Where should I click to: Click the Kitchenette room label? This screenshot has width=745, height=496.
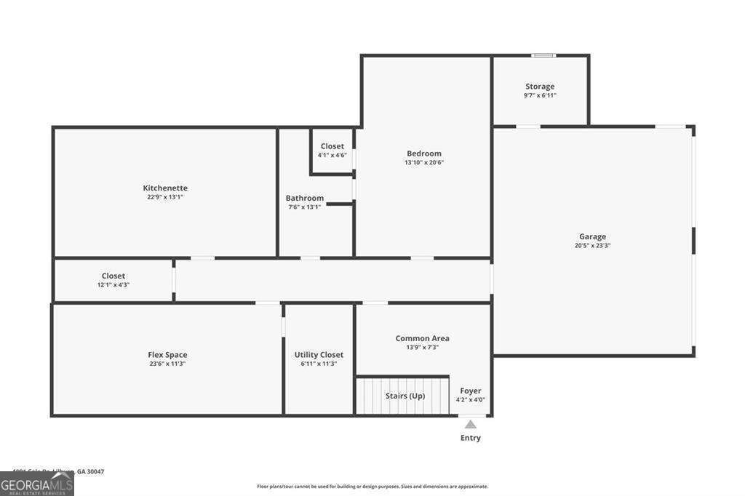pyautogui.click(x=165, y=188)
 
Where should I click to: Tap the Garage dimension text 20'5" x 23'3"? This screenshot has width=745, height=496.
pyautogui.click(x=592, y=246)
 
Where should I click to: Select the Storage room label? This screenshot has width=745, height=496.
pyautogui.click(x=540, y=87)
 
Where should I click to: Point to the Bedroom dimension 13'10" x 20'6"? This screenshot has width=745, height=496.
pyautogui.click(x=424, y=163)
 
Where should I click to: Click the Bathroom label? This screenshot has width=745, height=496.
pyautogui.click(x=304, y=198)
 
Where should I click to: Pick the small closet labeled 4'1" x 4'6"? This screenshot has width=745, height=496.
pyautogui.click(x=332, y=151)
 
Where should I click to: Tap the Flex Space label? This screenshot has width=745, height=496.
pyautogui.click(x=167, y=355)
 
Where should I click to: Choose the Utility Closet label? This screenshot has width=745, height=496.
pyautogui.click(x=319, y=355)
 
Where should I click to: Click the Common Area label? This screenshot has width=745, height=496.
pyautogui.click(x=422, y=338)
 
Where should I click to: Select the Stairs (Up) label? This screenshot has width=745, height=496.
pyautogui.click(x=405, y=396)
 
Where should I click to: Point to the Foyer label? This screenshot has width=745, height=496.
pyautogui.click(x=471, y=391)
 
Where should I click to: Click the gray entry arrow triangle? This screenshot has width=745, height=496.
pyautogui.click(x=471, y=424)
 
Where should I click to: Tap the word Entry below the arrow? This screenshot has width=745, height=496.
pyautogui.click(x=471, y=438)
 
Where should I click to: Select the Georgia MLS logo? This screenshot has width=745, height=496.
pyautogui.click(x=37, y=484)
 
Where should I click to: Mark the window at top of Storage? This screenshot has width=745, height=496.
pyautogui.click(x=543, y=55)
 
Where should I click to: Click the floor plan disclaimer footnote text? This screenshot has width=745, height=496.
pyautogui.click(x=372, y=487)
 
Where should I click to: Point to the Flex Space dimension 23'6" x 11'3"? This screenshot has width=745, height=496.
pyautogui.click(x=167, y=364)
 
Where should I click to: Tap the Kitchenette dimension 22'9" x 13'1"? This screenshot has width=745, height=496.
pyautogui.click(x=165, y=197)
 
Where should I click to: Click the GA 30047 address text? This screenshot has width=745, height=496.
pyautogui.click(x=90, y=471)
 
